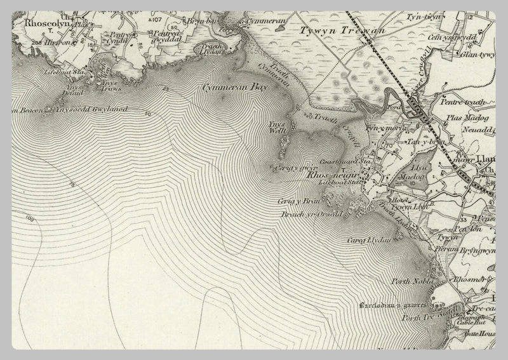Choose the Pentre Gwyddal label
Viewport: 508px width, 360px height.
click(x=167, y=35)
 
